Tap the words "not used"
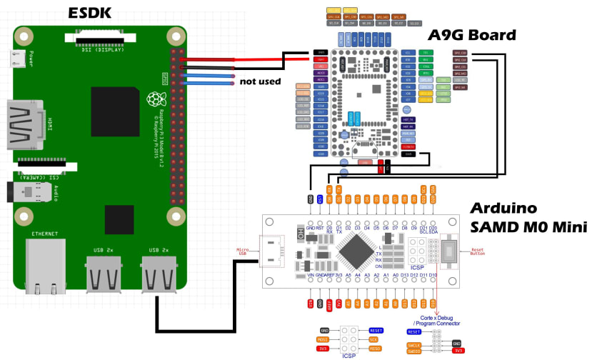pyautogui.click(x=260, y=81)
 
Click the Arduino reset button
pyautogui.click(x=451, y=251)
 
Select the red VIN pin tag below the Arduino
pyautogui.click(x=311, y=304)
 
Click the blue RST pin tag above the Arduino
pyautogui.click(x=319, y=199)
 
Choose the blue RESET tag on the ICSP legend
pyautogui.click(x=376, y=331)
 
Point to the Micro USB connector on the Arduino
pyautogui.click(x=270, y=251)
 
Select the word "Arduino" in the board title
pyautogui.click(x=503, y=209)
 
